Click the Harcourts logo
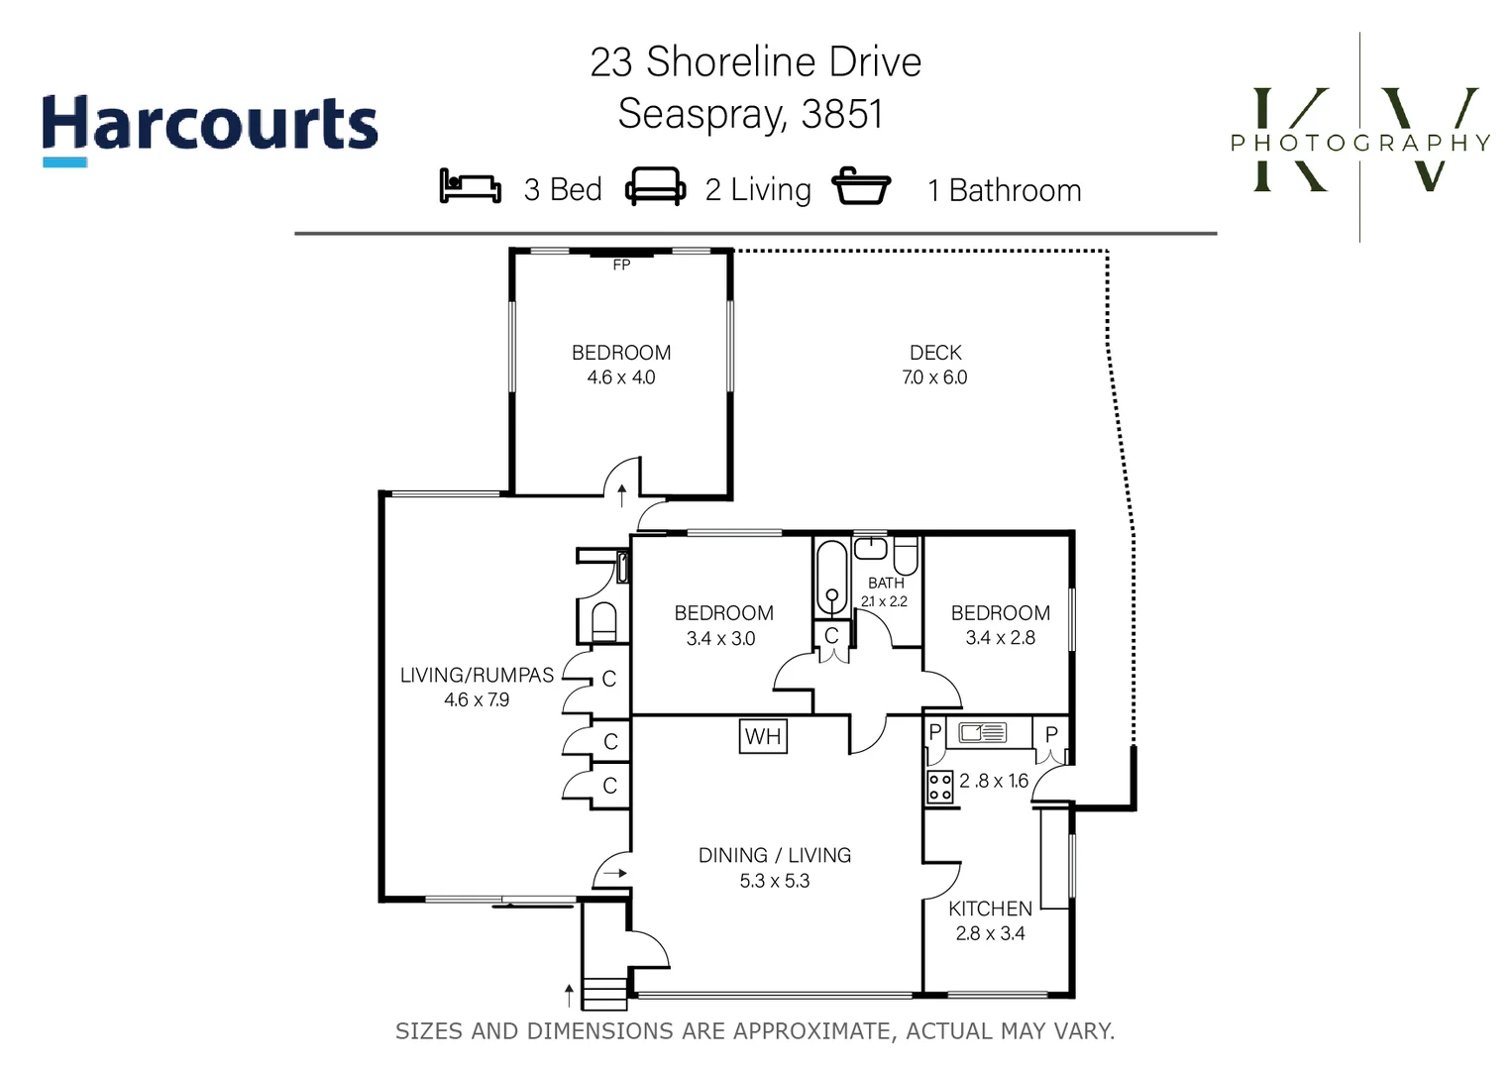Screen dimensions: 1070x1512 coord(209,127)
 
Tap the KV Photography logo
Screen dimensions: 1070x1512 coord(1360,140)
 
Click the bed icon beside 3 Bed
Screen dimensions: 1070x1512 coord(470,186)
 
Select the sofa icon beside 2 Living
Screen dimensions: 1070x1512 coord(655,186)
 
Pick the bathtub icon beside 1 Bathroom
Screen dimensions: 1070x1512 coord(860,186)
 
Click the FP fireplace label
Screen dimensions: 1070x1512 coord(621,265)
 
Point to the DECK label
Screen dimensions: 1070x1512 coord(935,353)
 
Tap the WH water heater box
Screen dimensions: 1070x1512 coord(763,736)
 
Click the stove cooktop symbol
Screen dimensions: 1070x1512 coord(939,788)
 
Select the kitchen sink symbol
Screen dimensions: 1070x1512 coord(982,733)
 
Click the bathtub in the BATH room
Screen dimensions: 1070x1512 coord(831,579)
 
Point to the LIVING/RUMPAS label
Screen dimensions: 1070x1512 coord(477,675)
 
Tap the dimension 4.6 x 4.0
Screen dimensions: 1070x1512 coord(621,377)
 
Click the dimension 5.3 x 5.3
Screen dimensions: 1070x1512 coord(775,881)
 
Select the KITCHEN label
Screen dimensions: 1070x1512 coord(990,909)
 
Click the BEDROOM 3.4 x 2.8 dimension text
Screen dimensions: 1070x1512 coord(1001,638)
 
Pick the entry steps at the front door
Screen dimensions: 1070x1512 coord(604,993)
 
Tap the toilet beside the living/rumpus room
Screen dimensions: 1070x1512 coord(603,622)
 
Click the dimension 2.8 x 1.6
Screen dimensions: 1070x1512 coord(994,781)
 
